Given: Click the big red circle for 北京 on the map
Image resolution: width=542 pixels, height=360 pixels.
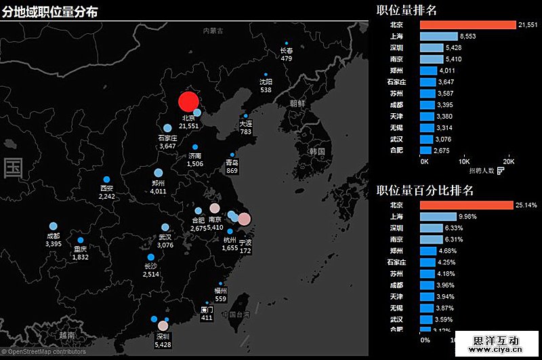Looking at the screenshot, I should point(188,102).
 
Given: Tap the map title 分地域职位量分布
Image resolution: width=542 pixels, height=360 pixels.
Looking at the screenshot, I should point(49,12).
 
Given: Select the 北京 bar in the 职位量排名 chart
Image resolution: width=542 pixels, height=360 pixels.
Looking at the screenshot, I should point(467,25).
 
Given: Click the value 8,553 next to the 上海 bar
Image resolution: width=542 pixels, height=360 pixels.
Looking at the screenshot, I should point(467,37).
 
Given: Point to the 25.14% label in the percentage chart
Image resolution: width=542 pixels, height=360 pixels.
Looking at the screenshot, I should point(526,205).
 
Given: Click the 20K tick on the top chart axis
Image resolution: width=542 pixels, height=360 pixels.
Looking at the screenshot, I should point(509,162).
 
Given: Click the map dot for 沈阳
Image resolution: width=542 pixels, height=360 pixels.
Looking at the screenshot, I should point(266,75).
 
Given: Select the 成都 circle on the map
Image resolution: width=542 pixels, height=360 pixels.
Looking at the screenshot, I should point(54,226).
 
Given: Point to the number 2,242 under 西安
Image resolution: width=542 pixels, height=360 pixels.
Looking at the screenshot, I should point(107,196).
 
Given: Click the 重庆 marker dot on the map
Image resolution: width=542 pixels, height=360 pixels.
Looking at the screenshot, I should point(81,240).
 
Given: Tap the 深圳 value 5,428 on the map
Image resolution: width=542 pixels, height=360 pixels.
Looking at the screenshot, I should point(163,345).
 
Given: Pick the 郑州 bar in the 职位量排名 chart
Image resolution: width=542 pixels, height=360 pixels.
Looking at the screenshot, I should point(428,71).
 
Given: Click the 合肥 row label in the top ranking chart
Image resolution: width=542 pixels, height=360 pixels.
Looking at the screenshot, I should point(397,151).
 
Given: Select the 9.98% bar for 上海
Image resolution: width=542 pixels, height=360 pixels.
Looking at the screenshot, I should point(438,216).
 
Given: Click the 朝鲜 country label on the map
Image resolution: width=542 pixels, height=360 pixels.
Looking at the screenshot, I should point(297,104).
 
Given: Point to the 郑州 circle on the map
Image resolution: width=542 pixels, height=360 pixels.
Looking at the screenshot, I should point(159,173).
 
